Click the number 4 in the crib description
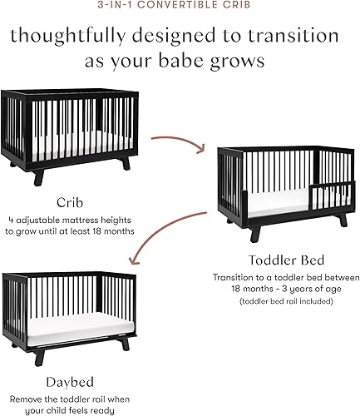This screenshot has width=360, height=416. tap(18, 220)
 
